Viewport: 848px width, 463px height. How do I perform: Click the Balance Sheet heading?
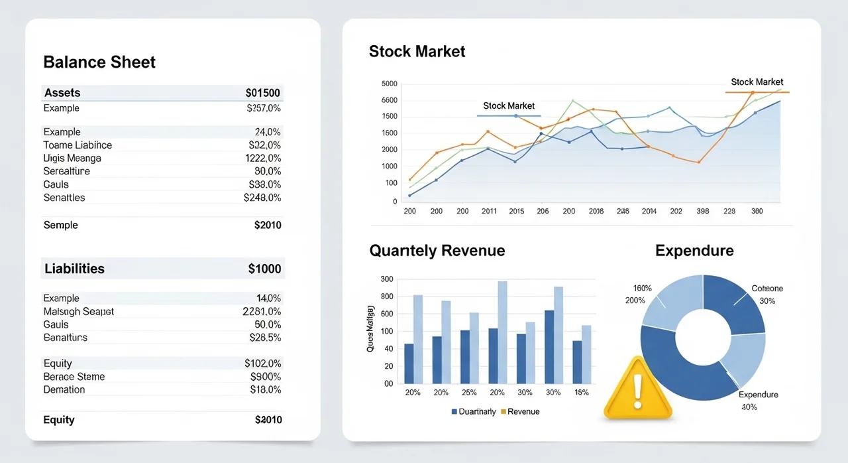pyautogui.click(x=99, y=62)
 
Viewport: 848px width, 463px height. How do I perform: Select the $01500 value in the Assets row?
pyautogui.click(x=263, y=93)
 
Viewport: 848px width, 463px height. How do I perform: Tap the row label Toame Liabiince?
pyautogui.click(x=78, y=145)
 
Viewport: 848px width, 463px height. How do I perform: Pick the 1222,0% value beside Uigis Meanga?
pyautogui.click(x=263, y=159)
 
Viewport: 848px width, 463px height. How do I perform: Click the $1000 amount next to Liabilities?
pyautogui.click(x=264, y=269)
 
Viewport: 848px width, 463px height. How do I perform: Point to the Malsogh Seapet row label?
pyautogui.click(x=78, y=312)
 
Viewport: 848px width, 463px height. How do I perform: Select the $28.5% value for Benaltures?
pyautogui.click(x=265, y=338)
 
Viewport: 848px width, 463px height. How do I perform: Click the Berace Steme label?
pyautogui.click(x=74, y=377)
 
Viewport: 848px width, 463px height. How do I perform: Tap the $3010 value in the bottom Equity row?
pyautogui.click(x=268, y=420)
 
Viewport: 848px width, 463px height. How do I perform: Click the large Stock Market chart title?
pyautogui.click(x=417, y=52)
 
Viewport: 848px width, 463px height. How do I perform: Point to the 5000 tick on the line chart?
pyautogui.click(x=390, y=84)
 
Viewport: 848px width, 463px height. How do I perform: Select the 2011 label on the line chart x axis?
pyautogui.click(x=489, y=212)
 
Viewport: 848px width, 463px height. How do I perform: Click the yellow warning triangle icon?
pyautogui.click(x=637, y=390)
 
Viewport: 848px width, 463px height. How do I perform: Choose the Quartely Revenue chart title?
pyautogui.click(x=437, y=251)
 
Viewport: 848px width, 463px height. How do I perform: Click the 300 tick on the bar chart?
pyautogui.click(x=387, y=279)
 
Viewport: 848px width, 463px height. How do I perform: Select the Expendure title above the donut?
pyautogui.click(x=694, y=251)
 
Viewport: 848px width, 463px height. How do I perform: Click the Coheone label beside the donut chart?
pyautogui.click(x=767, y=289)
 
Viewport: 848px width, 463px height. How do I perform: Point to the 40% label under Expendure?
pyautogui.click(x=749, y=407)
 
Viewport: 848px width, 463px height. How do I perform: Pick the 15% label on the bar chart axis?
pyautogui.click(x=582, y=393)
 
